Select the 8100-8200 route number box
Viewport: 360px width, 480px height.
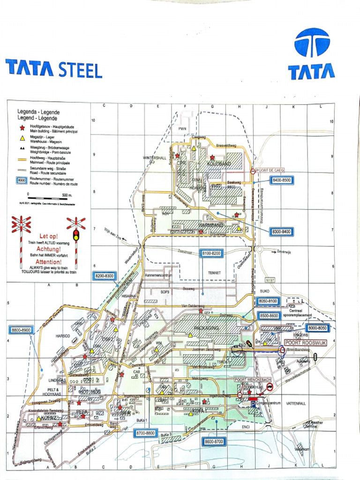[211, 253]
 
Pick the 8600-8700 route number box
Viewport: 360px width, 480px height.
[213, 441]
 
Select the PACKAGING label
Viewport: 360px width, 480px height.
[206, 328]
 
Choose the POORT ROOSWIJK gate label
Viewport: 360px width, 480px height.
[305, 343]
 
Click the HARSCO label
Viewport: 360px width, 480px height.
[62, 336]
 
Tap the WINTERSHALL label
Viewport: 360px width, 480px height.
[155, 157]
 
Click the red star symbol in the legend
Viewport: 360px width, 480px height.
[21, 127]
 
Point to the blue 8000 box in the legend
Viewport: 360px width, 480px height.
[22, 180]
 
